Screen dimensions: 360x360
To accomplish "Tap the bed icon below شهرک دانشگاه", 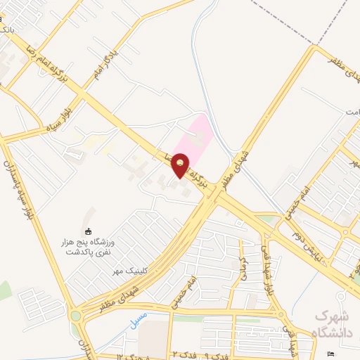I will tap(332, 353).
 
